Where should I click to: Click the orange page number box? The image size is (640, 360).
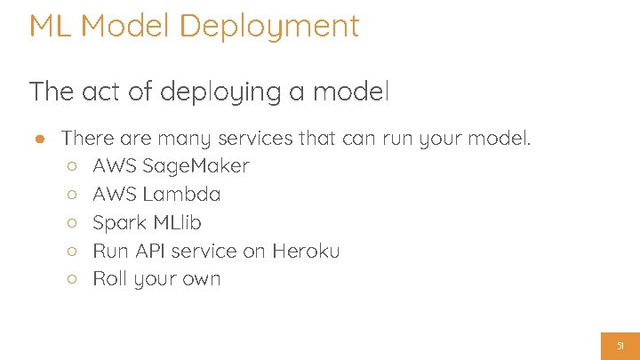[x=620, y=346]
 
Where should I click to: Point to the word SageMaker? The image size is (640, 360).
[x=196, y=166]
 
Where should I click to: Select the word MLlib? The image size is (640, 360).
[x=182, y=222]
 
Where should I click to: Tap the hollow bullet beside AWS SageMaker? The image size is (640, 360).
[x=73, y=166]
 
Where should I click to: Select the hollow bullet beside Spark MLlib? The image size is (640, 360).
[x=73, y=223]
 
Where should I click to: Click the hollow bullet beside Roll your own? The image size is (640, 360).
[x=73, y=280]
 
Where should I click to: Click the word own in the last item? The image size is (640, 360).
[x=202, y=280]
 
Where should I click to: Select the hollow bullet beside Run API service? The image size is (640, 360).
[x=73, y=252]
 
